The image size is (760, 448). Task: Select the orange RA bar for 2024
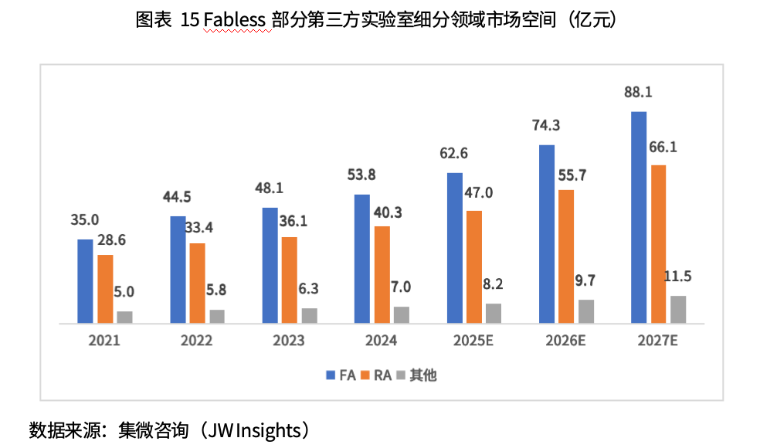click(382, 273)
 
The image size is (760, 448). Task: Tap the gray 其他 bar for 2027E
click(678, 308)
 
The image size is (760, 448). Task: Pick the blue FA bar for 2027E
click(639, 216)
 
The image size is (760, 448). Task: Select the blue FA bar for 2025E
click(455, 247)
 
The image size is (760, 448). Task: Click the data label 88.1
click(639, 93)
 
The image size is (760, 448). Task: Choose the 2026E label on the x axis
click(565, 341)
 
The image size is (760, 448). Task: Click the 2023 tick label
click(289, 341)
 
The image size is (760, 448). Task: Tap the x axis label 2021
click(104, 341)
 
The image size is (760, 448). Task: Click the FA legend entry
click(340, 375)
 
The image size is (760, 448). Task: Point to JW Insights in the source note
click(254, 429)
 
